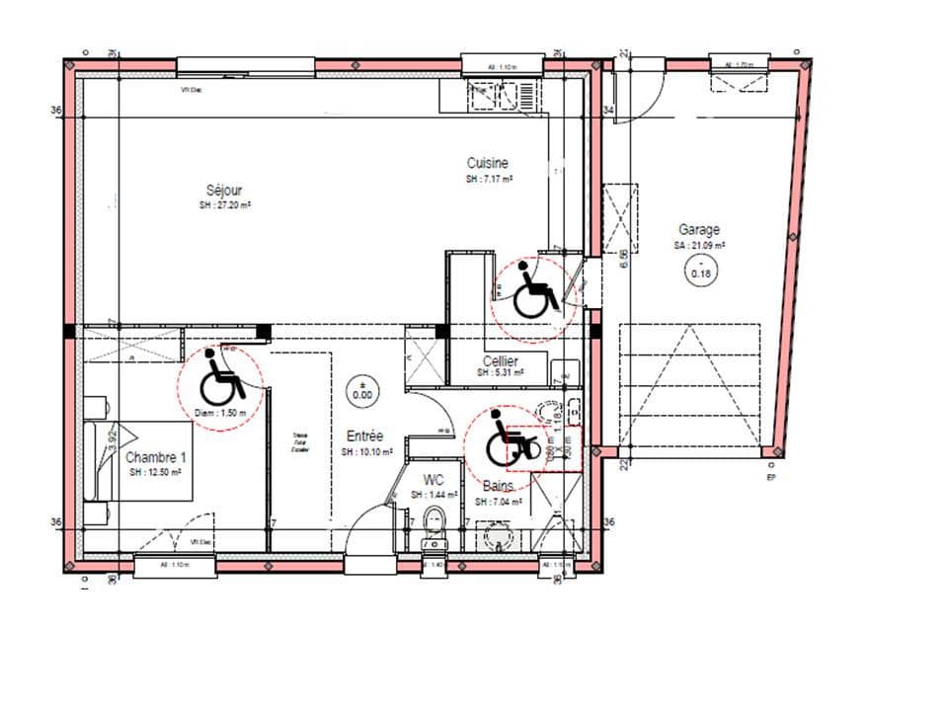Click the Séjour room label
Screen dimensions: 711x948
(224, 190)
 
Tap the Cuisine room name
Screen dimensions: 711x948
(488, 163)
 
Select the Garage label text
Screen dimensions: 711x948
(698, 229)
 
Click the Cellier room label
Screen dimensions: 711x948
(501, 361)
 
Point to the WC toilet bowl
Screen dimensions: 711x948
(434, 521)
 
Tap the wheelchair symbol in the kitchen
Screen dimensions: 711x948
(533, 292)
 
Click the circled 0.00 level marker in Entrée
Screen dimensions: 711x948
(362, 391)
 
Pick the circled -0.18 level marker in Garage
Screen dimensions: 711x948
(700, 274)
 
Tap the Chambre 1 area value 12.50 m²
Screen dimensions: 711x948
(156, 473)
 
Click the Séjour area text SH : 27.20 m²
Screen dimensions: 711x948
(224, 205)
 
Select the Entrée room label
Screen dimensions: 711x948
(363, 435)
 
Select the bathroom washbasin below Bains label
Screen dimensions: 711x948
(500, 533)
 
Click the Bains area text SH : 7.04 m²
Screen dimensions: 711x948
(497, 502)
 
